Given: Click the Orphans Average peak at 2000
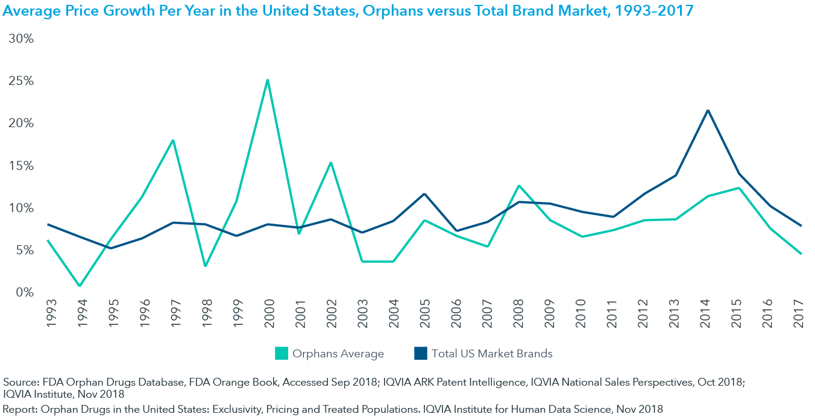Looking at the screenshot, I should point(267,80).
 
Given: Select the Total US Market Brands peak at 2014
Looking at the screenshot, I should point(707,110).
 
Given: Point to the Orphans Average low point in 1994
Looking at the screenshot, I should point(79,286).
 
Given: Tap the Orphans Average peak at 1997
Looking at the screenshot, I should point(173,140).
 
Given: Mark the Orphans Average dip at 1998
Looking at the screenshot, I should point(204,266).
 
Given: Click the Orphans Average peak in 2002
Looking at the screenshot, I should point(330,163).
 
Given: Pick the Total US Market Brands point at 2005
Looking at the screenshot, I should point(424,194).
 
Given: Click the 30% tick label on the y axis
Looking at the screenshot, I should point(21,39).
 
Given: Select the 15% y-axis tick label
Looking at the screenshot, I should point(21,166).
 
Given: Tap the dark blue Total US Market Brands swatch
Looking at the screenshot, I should point(421,354).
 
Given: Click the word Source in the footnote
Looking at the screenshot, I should point(19,382).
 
